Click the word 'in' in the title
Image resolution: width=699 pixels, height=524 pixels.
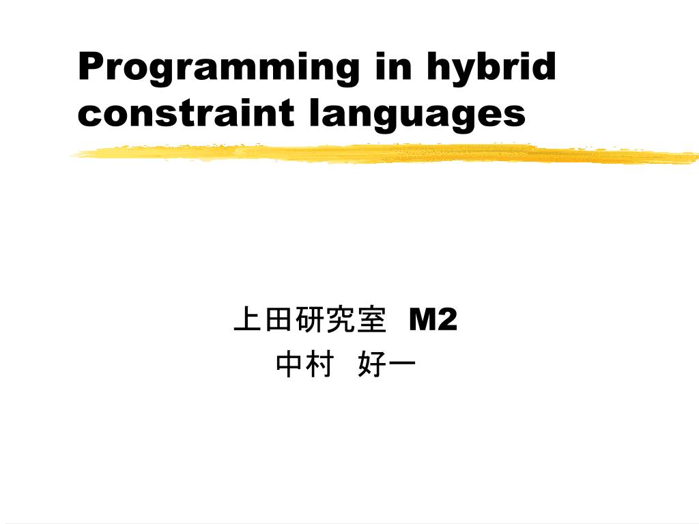(393, 66)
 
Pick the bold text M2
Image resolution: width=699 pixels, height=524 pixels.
(433, 319)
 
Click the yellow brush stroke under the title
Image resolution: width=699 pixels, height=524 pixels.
(384, 154)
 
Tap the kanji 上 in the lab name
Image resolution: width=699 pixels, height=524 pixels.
(248, 319)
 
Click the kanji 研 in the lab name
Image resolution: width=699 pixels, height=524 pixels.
(310, 319)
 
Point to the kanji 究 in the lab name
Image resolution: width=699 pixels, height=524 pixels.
(341, 319)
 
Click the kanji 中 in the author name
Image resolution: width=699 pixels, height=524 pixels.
(289, 364)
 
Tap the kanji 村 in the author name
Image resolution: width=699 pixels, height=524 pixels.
(320, 364)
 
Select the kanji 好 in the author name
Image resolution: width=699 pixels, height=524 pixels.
(372, 364)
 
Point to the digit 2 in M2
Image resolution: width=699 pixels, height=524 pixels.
(446, 319)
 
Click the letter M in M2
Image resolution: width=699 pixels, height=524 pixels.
(421, 319)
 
